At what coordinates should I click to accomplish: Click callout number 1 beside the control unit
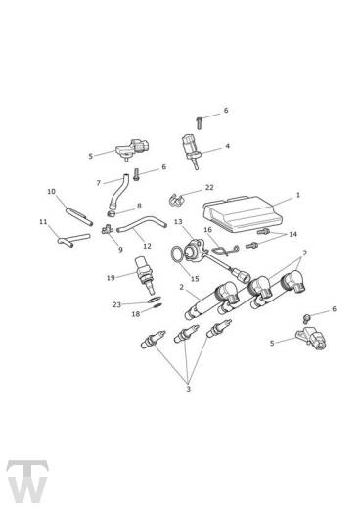point(297,195)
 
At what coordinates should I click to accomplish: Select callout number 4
point(227,147)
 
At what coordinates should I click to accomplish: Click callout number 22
point(209,187)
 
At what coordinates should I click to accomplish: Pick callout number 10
point(51,191)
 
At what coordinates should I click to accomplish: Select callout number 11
point(43,222)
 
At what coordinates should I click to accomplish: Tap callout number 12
point(147,245)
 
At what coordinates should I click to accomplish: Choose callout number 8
point(138,206)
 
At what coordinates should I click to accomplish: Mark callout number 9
point(120,249)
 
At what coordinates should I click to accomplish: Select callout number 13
point(177,223)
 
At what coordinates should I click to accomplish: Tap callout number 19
point(111,277)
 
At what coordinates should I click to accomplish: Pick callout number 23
point(115,304)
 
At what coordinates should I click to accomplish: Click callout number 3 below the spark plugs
point(188,389)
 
